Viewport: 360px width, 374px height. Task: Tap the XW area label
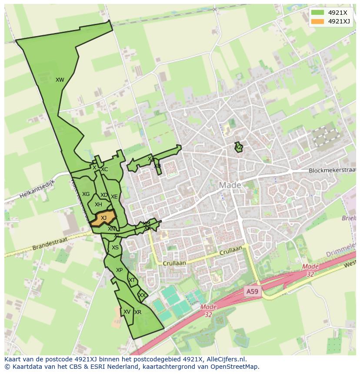60,79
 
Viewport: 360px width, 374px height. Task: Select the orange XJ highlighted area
103,218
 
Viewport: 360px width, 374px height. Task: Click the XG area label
86,194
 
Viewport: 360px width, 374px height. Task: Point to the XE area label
114,197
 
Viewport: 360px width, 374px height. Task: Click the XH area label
98,205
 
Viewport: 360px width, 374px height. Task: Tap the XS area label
115,248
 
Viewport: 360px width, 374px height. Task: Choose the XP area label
119,270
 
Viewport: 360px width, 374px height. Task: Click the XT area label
132,280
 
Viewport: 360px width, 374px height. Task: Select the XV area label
127,312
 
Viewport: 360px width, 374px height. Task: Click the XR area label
138,312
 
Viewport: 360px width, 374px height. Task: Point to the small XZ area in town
239,148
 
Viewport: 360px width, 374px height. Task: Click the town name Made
230,185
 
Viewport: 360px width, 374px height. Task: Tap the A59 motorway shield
252,291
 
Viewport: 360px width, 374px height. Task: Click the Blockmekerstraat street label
332,171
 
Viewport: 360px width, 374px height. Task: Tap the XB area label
157,166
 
